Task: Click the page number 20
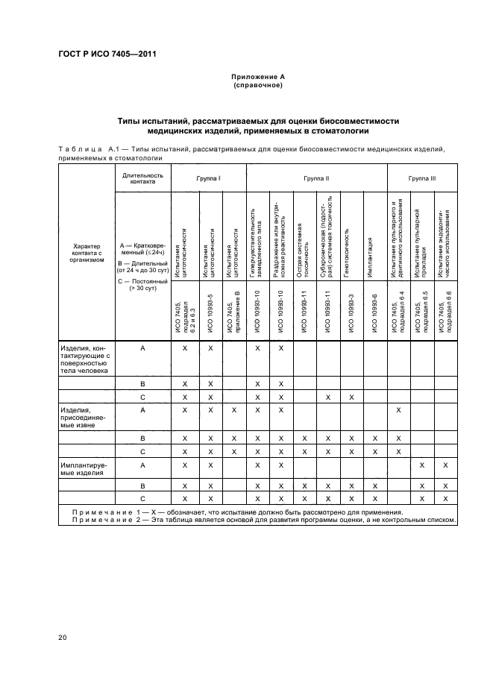click(62, 637)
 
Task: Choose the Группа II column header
click(316, 179)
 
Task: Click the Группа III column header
click(421, 179)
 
